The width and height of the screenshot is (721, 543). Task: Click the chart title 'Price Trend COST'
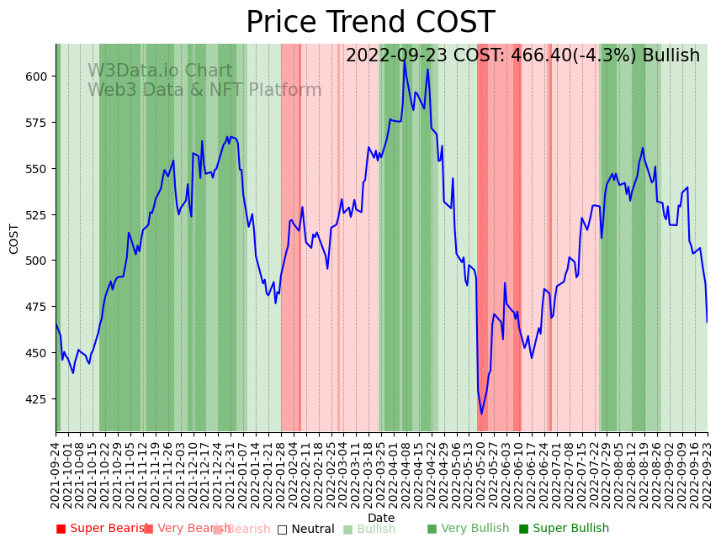click(x=370, y=23)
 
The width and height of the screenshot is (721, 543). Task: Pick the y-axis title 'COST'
click(x=13, y=238)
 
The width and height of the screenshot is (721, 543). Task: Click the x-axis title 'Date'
click(x=381, y=518)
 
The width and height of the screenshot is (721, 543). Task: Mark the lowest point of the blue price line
click(x=482, y=414)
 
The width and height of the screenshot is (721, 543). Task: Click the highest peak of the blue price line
click(x=404, y=60)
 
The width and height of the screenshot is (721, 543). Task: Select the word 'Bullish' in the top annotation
click(x=671, y=55)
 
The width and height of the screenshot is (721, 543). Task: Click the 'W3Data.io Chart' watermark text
click(x=160, y=71)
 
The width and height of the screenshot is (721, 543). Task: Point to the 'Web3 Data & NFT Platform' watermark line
click(x=204, y=90)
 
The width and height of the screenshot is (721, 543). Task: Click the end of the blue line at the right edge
click(x=707, y=322)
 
